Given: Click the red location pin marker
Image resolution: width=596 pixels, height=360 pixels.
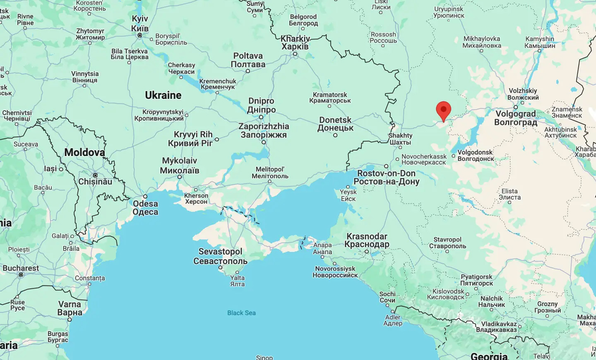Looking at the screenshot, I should click(x=443, y=110).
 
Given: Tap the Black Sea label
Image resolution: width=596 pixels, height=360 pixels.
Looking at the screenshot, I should click(x=241, y=313).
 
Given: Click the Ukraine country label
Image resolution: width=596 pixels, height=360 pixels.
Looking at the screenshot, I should click(x=163, y=95).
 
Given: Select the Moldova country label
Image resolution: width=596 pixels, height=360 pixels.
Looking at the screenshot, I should click(x=84, y=152).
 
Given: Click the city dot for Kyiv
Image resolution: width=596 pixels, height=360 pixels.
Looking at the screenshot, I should click(x=140, y=35).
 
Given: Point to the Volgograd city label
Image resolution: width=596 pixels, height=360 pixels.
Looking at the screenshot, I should click(x=516, y=118).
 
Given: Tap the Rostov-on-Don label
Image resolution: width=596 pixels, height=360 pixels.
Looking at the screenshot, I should click(x=386, y=177).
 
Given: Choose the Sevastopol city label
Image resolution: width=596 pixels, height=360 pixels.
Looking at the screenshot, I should click(x=220, y=256).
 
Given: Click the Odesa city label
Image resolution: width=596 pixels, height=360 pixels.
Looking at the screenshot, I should click(x=145, y=208).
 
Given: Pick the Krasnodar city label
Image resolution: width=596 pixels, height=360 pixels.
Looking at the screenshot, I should click(x=367, y=240).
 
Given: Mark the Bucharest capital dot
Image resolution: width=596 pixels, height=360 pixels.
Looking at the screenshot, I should click(x=21, y=275).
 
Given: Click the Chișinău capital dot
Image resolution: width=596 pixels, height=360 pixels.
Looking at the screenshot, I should click(x=95, y=175).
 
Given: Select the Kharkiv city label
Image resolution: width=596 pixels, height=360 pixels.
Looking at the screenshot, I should click(x=295, y=42).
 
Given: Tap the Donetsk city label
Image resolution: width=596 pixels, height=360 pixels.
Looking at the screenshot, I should click(x=335, y=124).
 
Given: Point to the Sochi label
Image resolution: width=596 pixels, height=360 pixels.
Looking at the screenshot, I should click(x=387, y=297).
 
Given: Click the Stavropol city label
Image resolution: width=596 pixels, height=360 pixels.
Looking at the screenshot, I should click(x=447, y=242).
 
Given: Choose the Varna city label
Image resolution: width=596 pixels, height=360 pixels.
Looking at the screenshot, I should click(x=70, y=308).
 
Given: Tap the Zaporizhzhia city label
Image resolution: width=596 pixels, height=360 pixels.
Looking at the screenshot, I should click(x=264, y=130).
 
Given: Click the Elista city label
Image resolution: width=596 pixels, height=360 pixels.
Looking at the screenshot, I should click(x=509, y=194).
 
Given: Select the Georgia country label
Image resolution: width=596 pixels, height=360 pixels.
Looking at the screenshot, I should click(x=489, y=356).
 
